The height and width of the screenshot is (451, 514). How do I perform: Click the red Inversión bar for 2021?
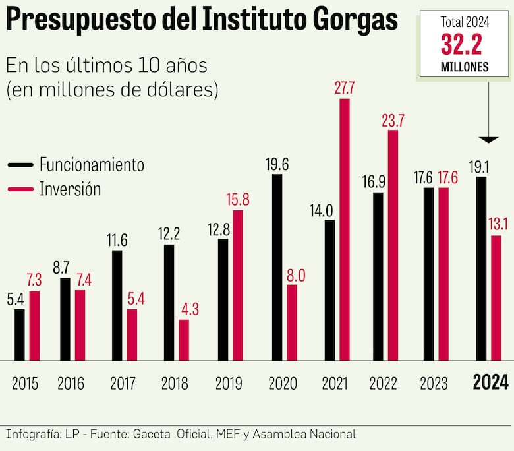click(344, 229)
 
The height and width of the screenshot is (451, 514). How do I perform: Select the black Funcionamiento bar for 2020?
click(277, 267)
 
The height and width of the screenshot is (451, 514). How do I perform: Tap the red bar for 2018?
click(184, 340)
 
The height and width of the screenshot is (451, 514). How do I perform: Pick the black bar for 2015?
click(20, 335)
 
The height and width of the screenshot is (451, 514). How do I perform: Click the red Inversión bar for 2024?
click(496, 298)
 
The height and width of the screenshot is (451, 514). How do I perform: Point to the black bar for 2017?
click(117, 305)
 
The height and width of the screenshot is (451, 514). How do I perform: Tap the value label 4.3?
click(184, 308)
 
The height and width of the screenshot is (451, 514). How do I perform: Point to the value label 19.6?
click(277, 164)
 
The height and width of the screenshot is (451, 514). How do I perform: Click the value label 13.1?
click(496, 224)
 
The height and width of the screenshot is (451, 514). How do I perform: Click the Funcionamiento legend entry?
click(92, 164)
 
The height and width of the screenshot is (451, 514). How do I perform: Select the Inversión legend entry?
click(71, 189)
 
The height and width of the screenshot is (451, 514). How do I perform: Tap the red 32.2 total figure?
click(465, 45)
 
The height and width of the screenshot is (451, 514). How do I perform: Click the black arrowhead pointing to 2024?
click(489, 139)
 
